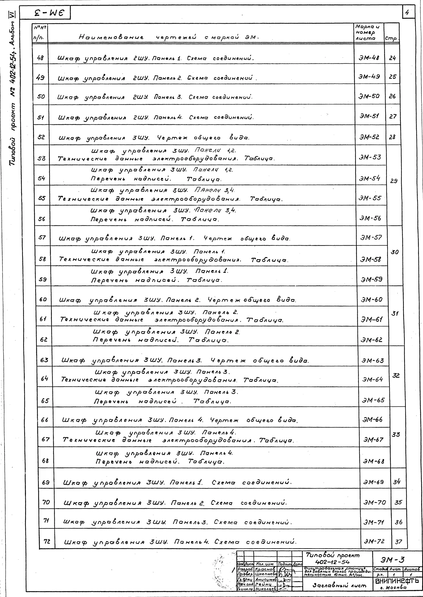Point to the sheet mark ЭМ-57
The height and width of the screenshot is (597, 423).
[371, 237]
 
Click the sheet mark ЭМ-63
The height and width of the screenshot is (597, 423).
[372, 361]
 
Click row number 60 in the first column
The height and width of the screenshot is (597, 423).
[43, 299]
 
